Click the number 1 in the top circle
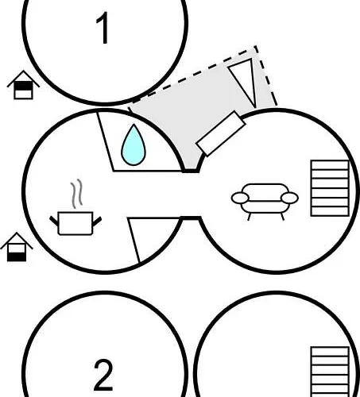[103, 28]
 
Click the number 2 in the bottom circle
[103, 375]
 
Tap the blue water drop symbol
[134, 145]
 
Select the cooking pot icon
[75, 223]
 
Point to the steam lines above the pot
[76, 194]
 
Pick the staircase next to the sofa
[330, 188]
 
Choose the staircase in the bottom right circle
[330, 372]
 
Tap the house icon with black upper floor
[23, 85]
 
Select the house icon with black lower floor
[17, 247]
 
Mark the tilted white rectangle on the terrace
[221, 133]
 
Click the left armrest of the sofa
[240, 198]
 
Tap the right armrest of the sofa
[289, 198]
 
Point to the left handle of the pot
[54, 221]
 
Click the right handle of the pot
[97, 222]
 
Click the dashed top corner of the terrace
[256, 46]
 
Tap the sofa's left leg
[250, 217]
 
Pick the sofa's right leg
[282, 217]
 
